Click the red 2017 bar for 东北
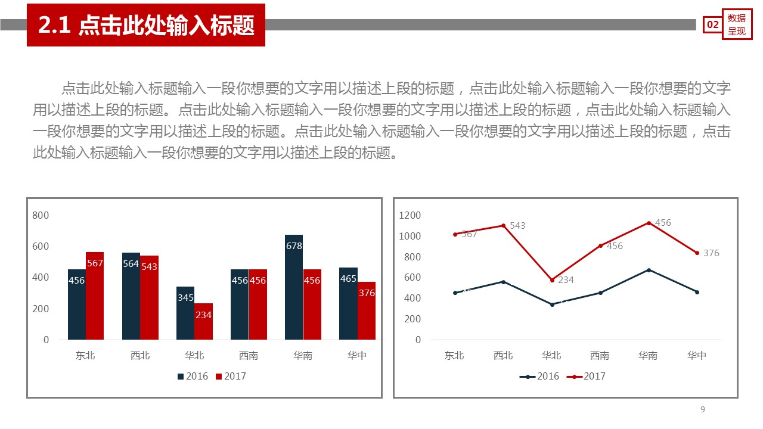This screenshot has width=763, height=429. [95, 296]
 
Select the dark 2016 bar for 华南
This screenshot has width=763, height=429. [294, 287]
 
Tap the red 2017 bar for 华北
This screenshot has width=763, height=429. [203, 322]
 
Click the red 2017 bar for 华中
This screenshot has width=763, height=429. [367, 311]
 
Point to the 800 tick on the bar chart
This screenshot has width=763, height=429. [41, 215]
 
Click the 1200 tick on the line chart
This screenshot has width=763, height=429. [410, 215]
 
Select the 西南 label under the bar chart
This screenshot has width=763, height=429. [249, 356]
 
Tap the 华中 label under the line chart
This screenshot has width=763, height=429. [697, 356]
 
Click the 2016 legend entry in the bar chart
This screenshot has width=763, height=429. [192, 376]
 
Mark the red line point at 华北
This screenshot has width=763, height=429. [552, 280]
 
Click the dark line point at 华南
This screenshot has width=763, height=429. [649, 270]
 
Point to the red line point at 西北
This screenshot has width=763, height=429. [503, 226]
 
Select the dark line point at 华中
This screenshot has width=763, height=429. [697, 292]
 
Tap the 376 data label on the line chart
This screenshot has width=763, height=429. [711, 253]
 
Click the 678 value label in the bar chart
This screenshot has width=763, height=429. [294, 245]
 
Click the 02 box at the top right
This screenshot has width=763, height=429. [712, 24]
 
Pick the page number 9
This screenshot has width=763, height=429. [703, 409]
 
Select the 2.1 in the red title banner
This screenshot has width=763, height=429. [55, 26]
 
